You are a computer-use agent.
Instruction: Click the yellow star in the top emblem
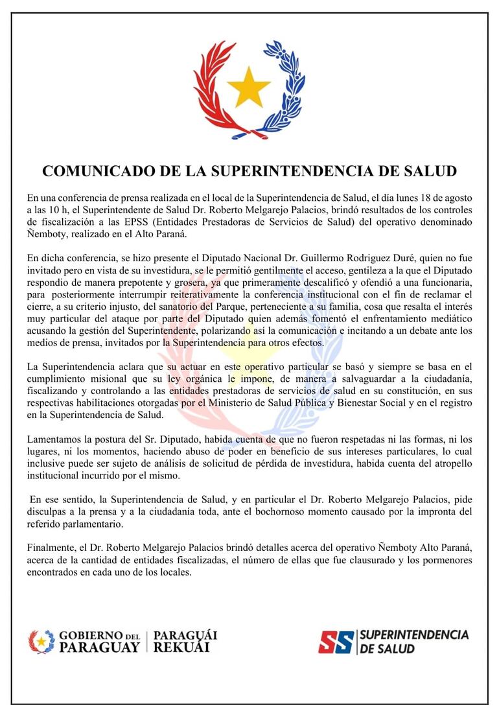(249, 87)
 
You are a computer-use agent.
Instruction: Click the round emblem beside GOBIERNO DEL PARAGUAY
(41, 641)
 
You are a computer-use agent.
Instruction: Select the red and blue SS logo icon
(336, 642)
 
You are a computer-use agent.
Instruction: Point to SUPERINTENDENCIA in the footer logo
(413, 635)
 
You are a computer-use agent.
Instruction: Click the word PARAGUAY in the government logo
(99, 647)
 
